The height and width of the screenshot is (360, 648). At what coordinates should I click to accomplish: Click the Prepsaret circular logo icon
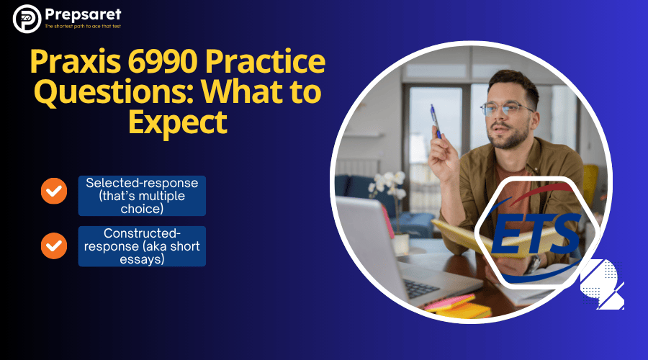(x=27, y=19)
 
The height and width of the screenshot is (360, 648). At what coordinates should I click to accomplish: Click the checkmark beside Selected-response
(x=53, y=191)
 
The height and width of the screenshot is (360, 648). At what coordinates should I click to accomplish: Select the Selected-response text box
(x=142, y=195)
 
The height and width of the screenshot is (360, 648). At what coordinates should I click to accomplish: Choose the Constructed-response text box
(x=142, y=246)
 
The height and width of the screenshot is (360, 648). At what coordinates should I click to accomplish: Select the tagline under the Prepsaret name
(x=83, y=27)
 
